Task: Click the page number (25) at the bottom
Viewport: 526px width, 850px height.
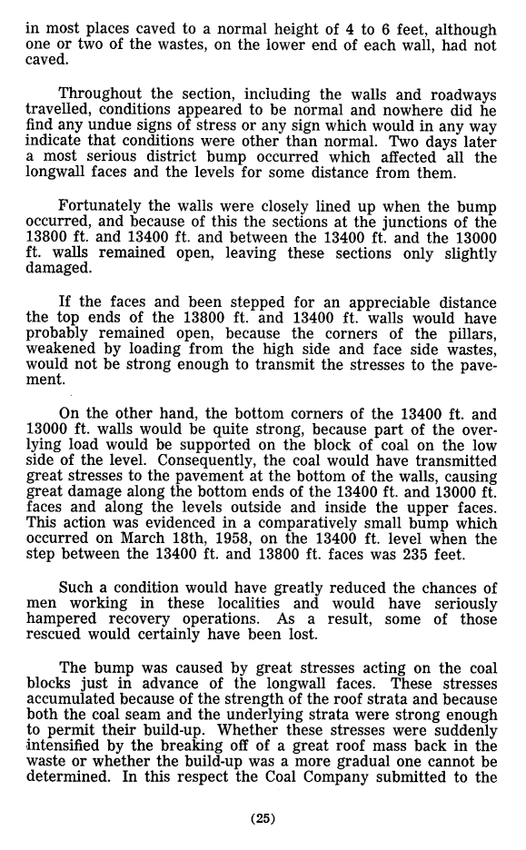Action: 263,818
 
